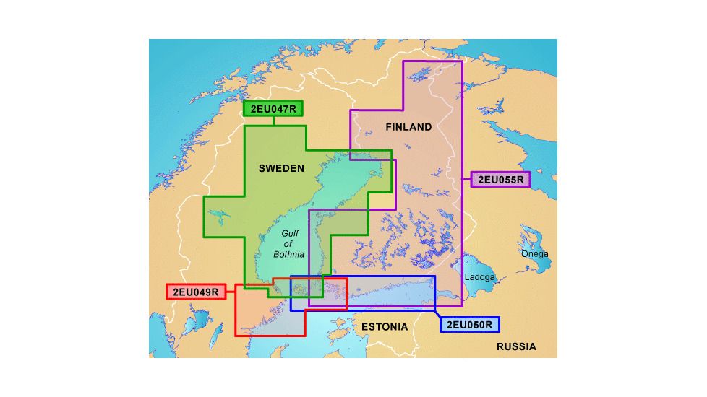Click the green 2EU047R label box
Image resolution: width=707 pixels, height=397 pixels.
273,109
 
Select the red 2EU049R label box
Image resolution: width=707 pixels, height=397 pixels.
195,292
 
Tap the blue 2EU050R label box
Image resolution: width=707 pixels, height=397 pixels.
470,325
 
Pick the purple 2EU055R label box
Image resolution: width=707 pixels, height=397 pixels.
501,178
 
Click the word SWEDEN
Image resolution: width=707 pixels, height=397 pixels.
281,168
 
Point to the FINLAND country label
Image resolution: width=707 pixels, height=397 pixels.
408,127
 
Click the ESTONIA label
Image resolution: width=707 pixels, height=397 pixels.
385,326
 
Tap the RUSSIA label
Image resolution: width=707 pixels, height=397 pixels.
516,346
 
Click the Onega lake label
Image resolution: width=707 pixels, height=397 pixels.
535,254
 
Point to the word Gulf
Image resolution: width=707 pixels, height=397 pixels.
289,234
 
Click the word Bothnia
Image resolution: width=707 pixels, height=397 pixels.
289,254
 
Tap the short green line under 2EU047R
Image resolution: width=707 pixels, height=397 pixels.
273,121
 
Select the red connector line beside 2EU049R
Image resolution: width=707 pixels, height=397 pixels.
230,291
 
